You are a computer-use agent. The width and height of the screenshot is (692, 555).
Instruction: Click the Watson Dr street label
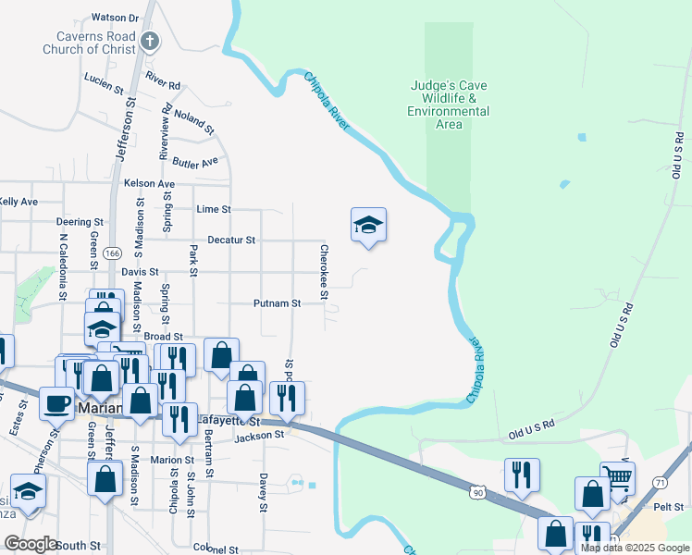[x=115, y=18]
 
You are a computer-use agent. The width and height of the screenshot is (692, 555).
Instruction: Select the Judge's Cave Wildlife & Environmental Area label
[x=449, y=105]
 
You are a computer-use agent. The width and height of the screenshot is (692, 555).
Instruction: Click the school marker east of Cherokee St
[x=368, y=225]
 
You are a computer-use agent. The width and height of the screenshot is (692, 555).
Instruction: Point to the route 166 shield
[x=113, y=253]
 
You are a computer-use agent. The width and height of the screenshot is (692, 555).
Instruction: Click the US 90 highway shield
[x=476, y=495]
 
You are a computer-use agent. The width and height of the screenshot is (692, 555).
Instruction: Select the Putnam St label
[x=278, y=303]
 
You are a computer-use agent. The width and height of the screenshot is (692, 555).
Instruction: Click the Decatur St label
[x=231, y=240]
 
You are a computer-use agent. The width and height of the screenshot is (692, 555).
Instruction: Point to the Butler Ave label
[x=194, y=161]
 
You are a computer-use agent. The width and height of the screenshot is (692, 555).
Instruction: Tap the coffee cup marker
[x=57, y=404]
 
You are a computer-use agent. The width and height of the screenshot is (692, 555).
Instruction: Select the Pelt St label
[x=665, y=507]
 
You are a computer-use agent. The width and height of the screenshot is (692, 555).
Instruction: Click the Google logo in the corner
[x=31, y=544]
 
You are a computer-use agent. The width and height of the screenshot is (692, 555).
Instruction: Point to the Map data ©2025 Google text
[x=635, y=548]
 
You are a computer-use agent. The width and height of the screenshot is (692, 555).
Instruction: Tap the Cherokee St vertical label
[x=324, y=272]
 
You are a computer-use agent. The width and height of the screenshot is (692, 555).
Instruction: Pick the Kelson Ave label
[x=149, y=184]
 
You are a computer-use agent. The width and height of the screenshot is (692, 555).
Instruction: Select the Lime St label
[x=214, y=210]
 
